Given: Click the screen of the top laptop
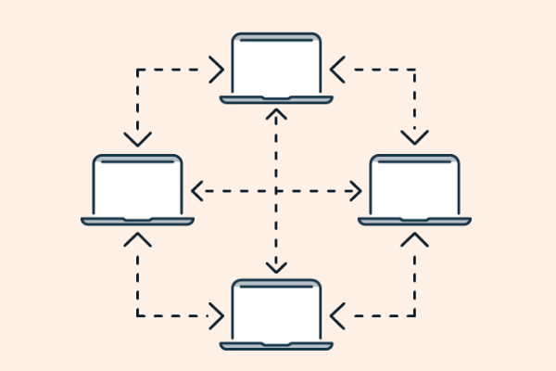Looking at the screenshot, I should (x=276, y=63).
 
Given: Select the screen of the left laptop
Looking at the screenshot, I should (x=138, y=185).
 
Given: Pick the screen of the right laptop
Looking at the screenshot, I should (x=414, y=185).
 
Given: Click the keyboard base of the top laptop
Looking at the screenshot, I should (x=276, y=98).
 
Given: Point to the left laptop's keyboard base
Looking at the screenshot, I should (x=138, y=221).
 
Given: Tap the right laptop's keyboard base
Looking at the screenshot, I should (x=414, y=221).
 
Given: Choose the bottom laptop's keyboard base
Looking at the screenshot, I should (x=276, y=345).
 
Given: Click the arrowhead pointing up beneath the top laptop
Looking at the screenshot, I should (x=276, y=116).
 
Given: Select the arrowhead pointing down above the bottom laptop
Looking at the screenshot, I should (x=276, y=266).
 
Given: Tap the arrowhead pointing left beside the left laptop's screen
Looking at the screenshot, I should (x=196, y=191).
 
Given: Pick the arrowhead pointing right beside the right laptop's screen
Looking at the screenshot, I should (x=357, y=191).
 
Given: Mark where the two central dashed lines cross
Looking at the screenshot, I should (x=276, y=191).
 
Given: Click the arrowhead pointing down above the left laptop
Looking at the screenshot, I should (x=138, y=140).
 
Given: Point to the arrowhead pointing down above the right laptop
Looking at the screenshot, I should (x=414, y=140).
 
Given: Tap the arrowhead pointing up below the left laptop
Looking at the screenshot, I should (x=138, y=239).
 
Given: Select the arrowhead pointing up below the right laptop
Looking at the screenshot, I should (x=414, y=239).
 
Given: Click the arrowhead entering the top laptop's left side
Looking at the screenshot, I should (x=218, y=68).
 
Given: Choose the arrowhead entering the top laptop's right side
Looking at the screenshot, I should (x=336, y=68).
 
